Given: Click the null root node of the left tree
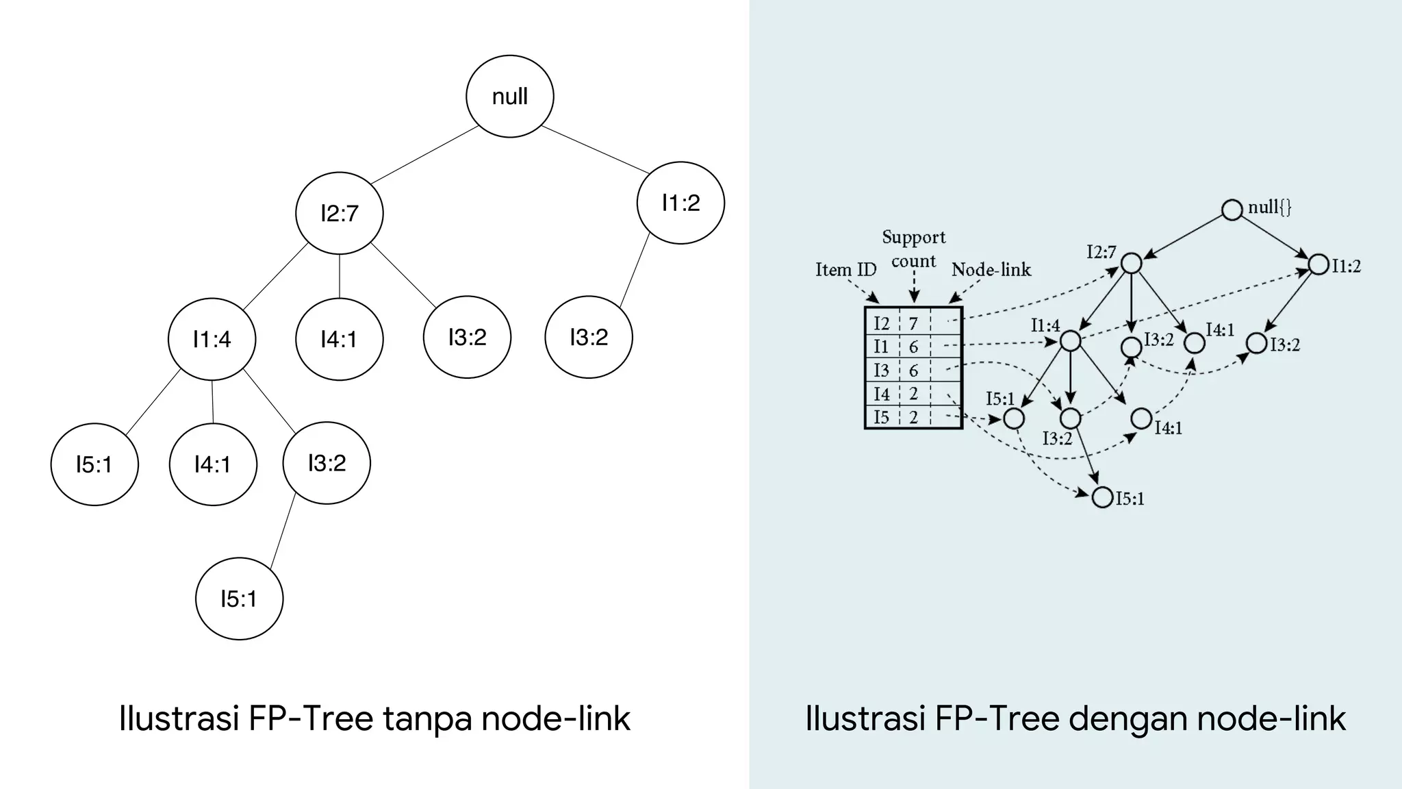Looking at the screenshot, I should pyautogui.click(x=509, y=96).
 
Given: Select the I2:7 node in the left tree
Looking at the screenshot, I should pyautogui.click(x=339, y=214).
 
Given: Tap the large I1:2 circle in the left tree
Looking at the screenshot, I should pyautogui.click(x=680, y=203).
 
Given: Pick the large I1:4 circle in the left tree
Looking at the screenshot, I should pyautogui.click(x=212, y=339).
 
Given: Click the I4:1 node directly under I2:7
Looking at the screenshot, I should pyautogui.click(x=339, y=339).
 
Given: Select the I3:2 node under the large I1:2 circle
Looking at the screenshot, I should pyautogui.click(x=589, y=337).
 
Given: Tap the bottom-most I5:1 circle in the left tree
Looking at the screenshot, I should pyautogui.click(x=239, y=599).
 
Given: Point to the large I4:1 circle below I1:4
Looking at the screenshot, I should pyautogui.click(x=213, y=465).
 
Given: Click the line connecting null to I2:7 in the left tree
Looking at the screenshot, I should pyautogui.click(x=424, y=155).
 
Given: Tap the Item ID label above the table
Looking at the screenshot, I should pyautogui.click(x=845, y=270).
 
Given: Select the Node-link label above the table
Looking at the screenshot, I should pyautogui.click(x=991, y=270).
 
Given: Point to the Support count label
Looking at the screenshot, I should pyautogui.click(x=913, y=249).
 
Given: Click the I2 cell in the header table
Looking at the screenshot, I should pyautogui.click(x=882, y=323).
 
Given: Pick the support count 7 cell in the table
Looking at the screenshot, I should pyautogui.click(x=913, y=323).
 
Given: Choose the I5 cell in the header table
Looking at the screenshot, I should pyautogui.click(x=882, y=417).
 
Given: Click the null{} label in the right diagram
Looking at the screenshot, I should pyautogui.click(x=1269, y=208).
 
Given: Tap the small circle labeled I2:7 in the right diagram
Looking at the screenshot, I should pyautogui.click(x=1131, y=263).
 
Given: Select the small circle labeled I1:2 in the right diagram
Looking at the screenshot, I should pyautogui.click(x=1318, y=264).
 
